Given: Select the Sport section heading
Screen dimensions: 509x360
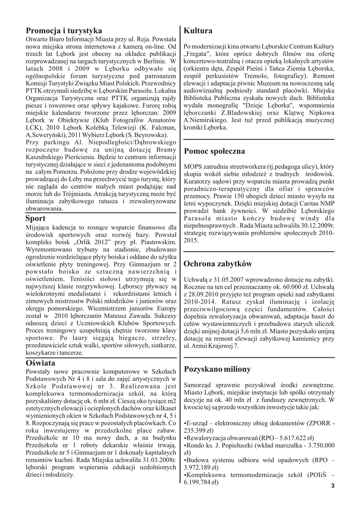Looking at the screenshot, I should coord(36,218).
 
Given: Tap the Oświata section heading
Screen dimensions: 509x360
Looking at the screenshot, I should coord(40,363).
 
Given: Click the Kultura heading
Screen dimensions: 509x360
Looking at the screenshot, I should coord(198,31).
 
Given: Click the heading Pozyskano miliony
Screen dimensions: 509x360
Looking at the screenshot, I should coord(217,369).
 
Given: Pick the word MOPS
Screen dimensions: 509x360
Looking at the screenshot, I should coord(193,166).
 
